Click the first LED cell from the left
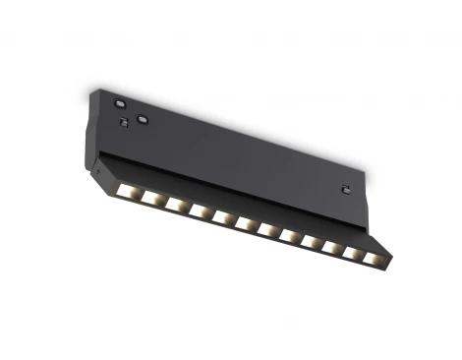[126, 187]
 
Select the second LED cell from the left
[149, 195]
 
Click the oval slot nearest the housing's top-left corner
[119, 102]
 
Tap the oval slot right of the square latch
[143, 121]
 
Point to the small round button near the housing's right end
[345, 187]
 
